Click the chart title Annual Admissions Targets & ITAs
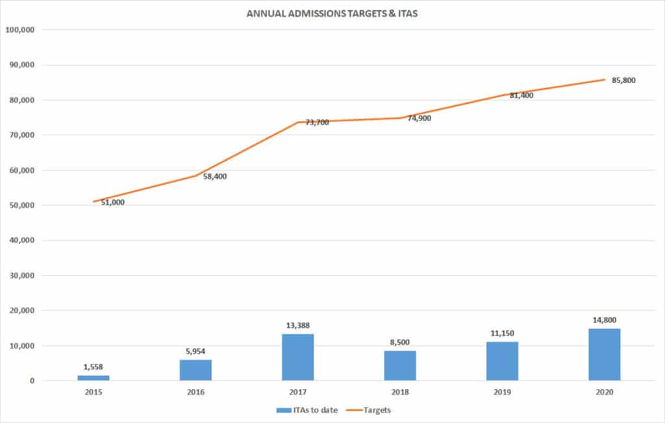click(x=331, y=12)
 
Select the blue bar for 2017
click(x=297, y=357)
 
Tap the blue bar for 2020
click(x=605, y=354)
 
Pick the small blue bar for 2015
click(x=94, y=378)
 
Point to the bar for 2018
click(x=400, y=365)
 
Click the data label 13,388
click(x=297, y=326)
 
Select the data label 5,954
click(x=195, y=352)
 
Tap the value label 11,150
click(x=502, y=334)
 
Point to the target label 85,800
click(x=623, y=80)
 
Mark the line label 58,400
click(x=214, y=176)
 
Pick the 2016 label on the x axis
click(x=195, y=393)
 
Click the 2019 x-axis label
click(x=502, y=393)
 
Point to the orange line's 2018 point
click(x=400, y=118)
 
